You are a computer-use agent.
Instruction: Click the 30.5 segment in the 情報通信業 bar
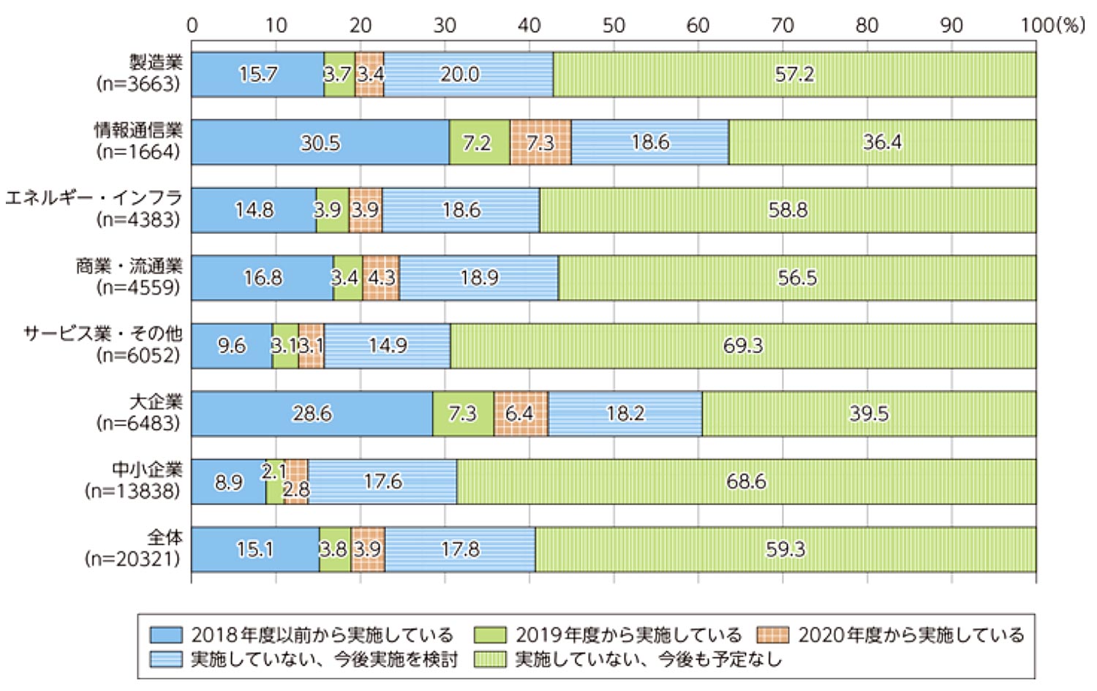(x=320, y=143)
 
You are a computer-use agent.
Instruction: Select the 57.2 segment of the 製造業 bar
(x=794, y=75)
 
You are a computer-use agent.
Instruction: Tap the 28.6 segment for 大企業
(x=312, y=414)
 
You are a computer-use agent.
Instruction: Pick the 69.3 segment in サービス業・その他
(x=743, y=346)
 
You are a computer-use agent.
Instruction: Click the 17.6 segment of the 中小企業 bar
(x=382, y=482)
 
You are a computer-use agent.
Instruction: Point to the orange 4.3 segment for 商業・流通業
(x=381, y=279)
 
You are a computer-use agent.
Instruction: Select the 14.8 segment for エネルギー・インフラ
(x=254, y=211)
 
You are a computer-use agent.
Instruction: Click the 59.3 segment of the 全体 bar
(x=785, y=550)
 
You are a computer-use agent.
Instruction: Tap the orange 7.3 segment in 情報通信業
(x=540, y=143)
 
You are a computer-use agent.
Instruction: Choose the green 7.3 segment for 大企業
(x=463, y=414)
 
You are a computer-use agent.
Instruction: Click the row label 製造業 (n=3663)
(x=139, y=73)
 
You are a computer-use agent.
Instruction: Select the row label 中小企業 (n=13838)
(x=133, y=480)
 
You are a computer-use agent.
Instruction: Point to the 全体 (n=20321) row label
(x=133, y=548)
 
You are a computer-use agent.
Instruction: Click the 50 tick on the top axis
(x=614, y=26)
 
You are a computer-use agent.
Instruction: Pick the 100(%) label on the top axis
(x=1052, y=26)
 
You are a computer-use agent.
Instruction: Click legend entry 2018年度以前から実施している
(x=322, y=635)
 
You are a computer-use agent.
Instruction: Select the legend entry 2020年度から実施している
(x=911, y=635)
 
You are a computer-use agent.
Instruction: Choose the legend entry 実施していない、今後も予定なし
(x=648, y=660)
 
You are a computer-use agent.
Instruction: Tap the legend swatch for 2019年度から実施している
(x=490, y=635)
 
